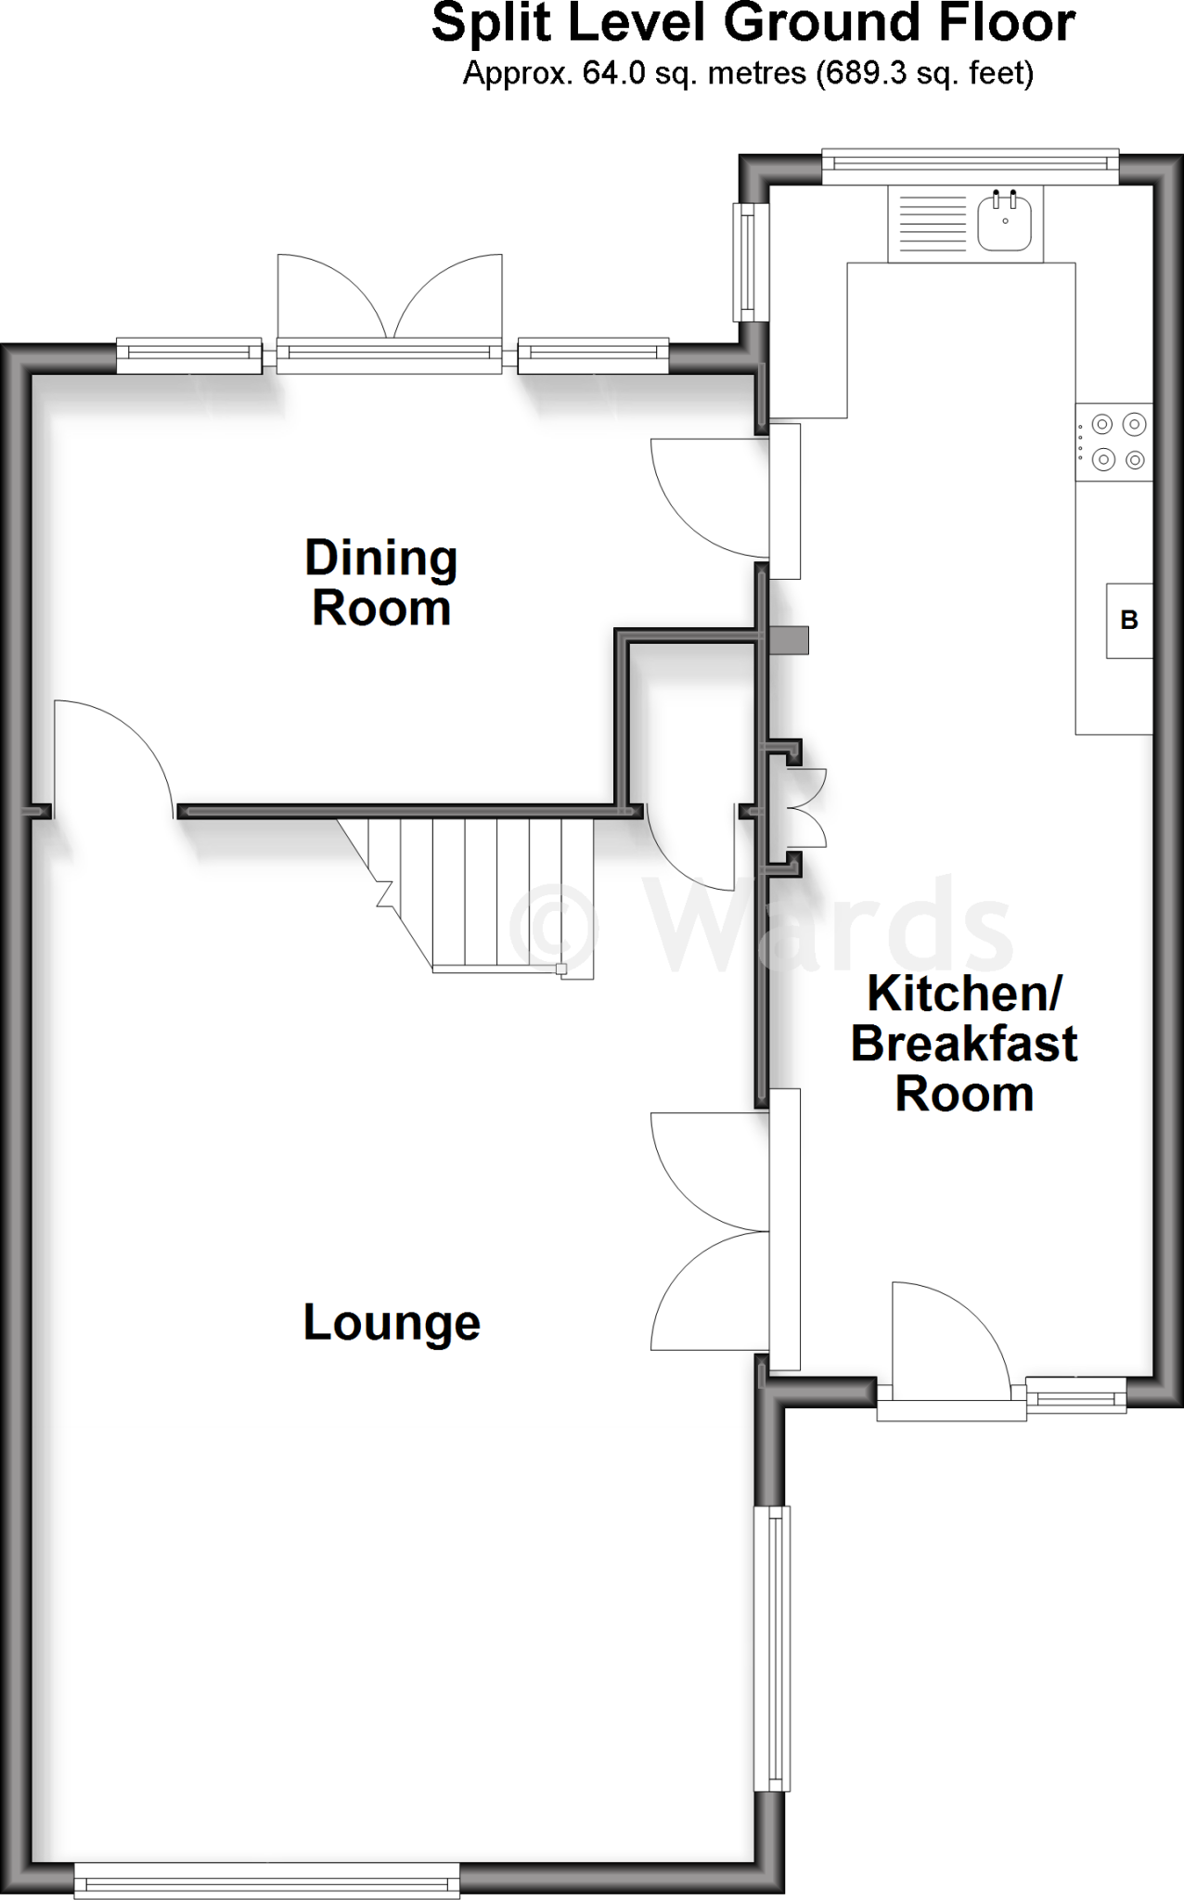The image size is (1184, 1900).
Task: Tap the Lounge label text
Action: (392, 1323)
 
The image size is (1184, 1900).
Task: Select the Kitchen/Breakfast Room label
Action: (963, 1044)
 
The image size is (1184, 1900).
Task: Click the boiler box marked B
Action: (1128, 620)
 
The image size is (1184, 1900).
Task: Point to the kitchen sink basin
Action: (1004, 224)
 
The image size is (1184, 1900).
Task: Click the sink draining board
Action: (931, 224)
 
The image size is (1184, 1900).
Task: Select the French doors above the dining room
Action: (390, 302)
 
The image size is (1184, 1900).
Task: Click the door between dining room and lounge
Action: (111, 756)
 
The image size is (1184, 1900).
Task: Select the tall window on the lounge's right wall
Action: (772, 1648)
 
